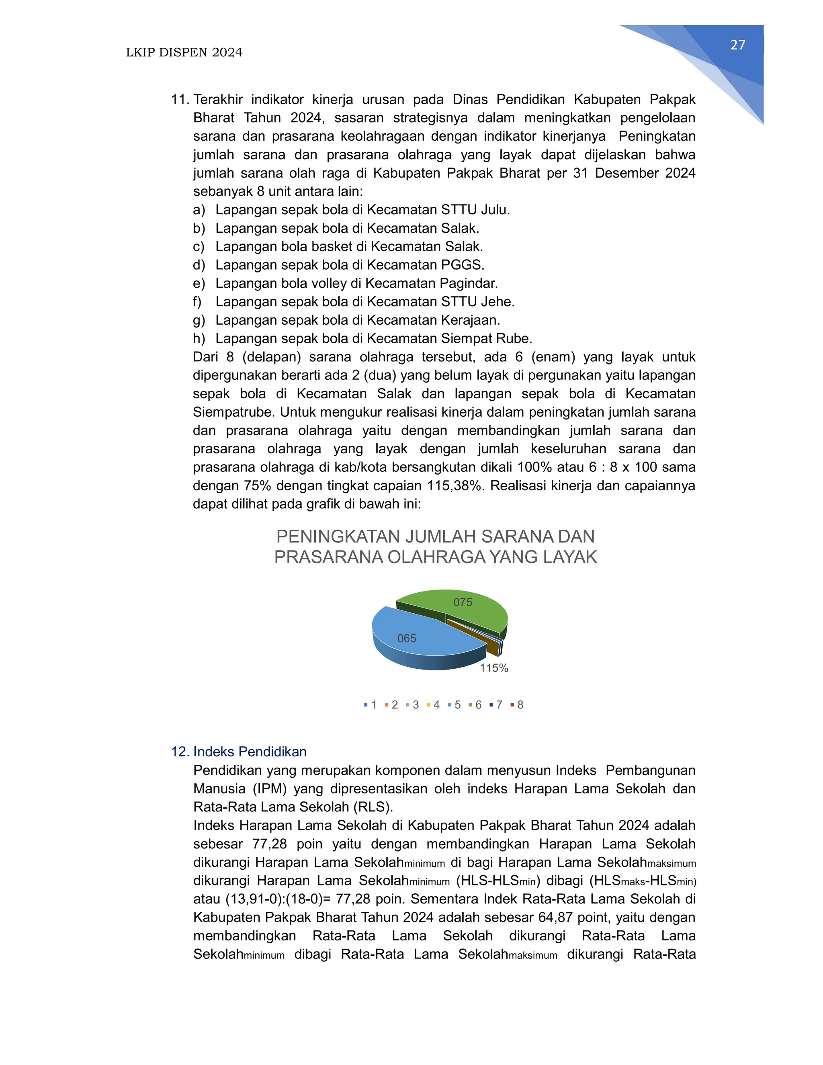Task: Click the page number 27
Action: tap(738, 45)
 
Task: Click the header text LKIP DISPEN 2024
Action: tap(184, 53)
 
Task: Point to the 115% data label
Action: tap(493, 668)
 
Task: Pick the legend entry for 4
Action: tap(434, 705)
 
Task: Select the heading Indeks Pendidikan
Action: tap(250, 752)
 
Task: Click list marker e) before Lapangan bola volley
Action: tap(199, 283)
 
